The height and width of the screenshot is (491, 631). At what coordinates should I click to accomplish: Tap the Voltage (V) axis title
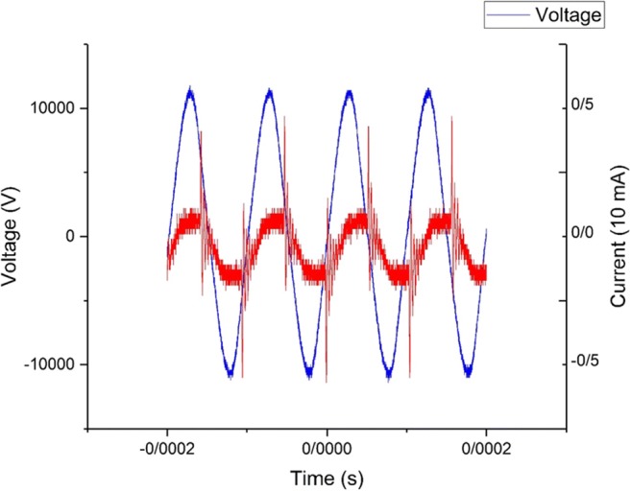coord(14,236)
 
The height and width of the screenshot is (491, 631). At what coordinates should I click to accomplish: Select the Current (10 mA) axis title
coord(617,236)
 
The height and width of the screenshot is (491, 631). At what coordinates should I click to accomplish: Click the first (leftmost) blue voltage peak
coord(190,91)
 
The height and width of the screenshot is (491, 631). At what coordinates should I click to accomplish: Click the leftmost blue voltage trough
coord(230,373)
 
